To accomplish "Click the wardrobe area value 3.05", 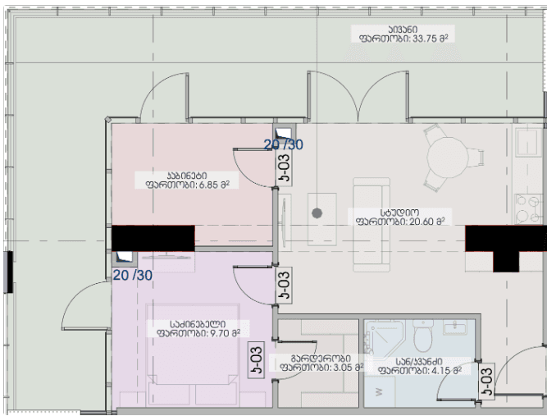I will [334, 368].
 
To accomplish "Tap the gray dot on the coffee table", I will [317, 213].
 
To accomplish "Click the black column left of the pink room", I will [153, 238].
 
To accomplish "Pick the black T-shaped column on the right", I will [505, 244].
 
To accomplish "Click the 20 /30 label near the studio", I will [284, 144].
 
